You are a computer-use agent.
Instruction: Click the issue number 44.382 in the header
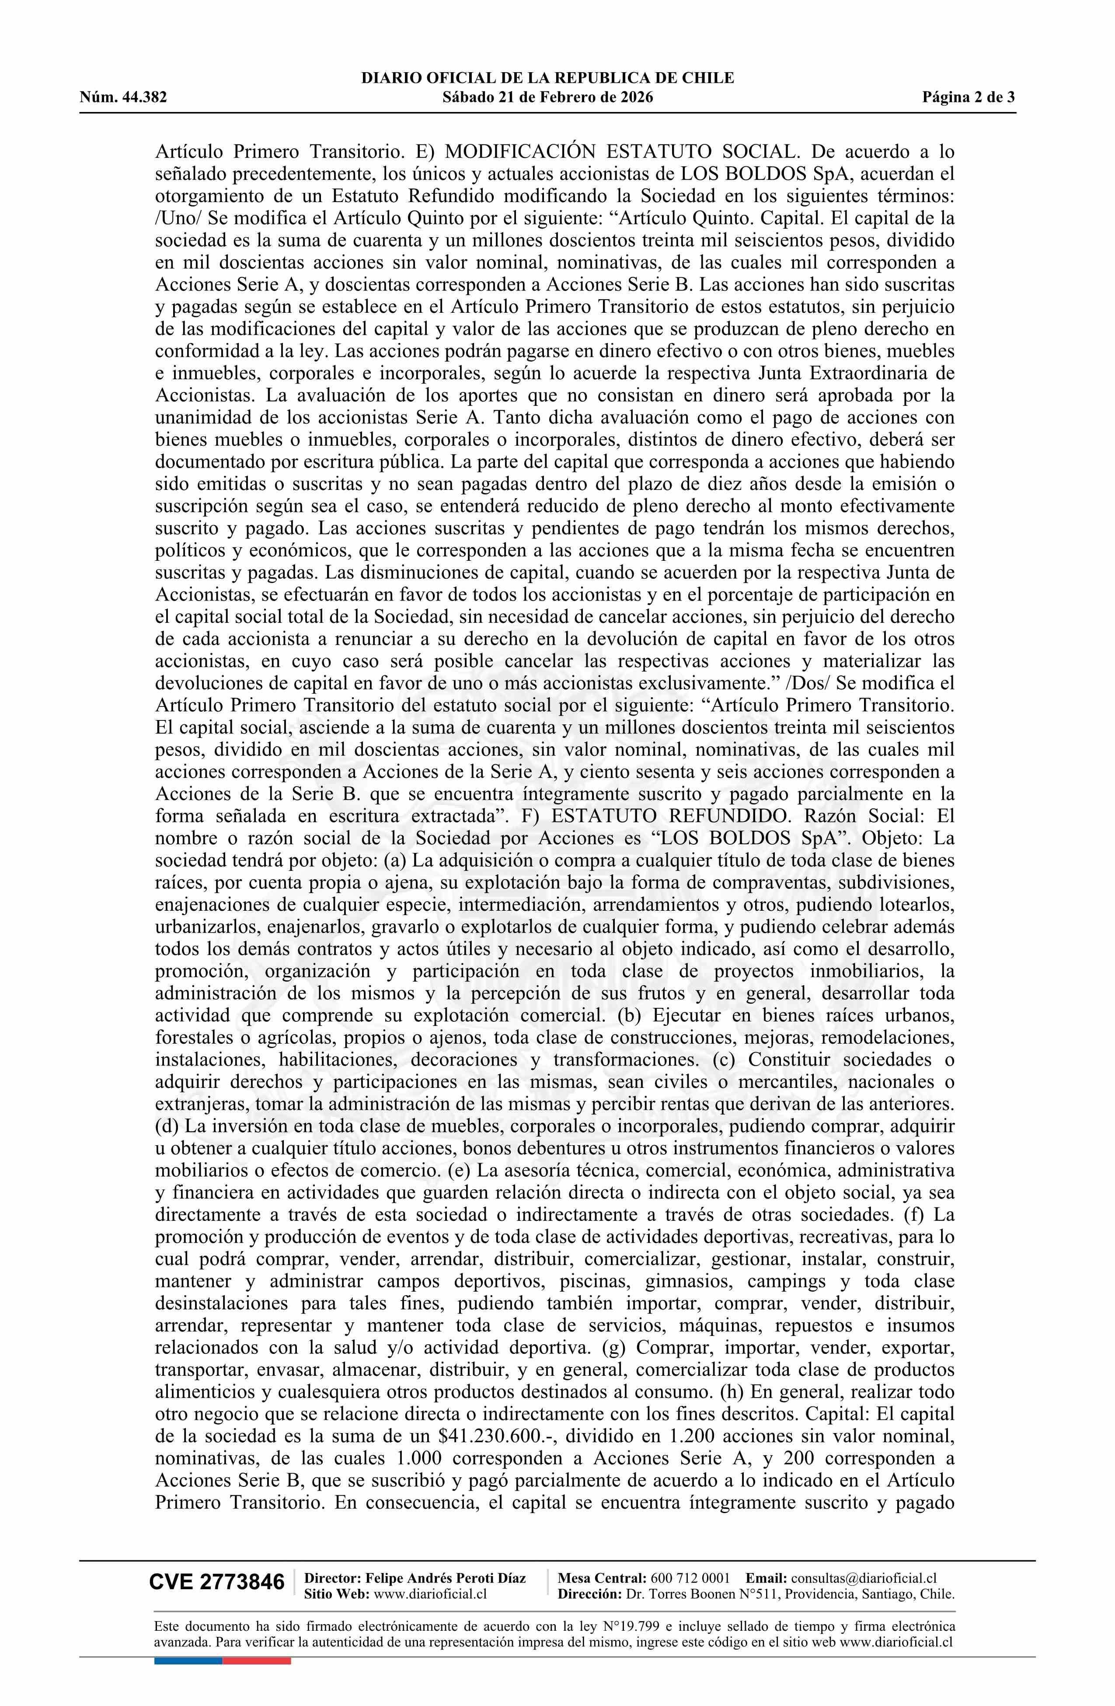click(144, 98)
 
